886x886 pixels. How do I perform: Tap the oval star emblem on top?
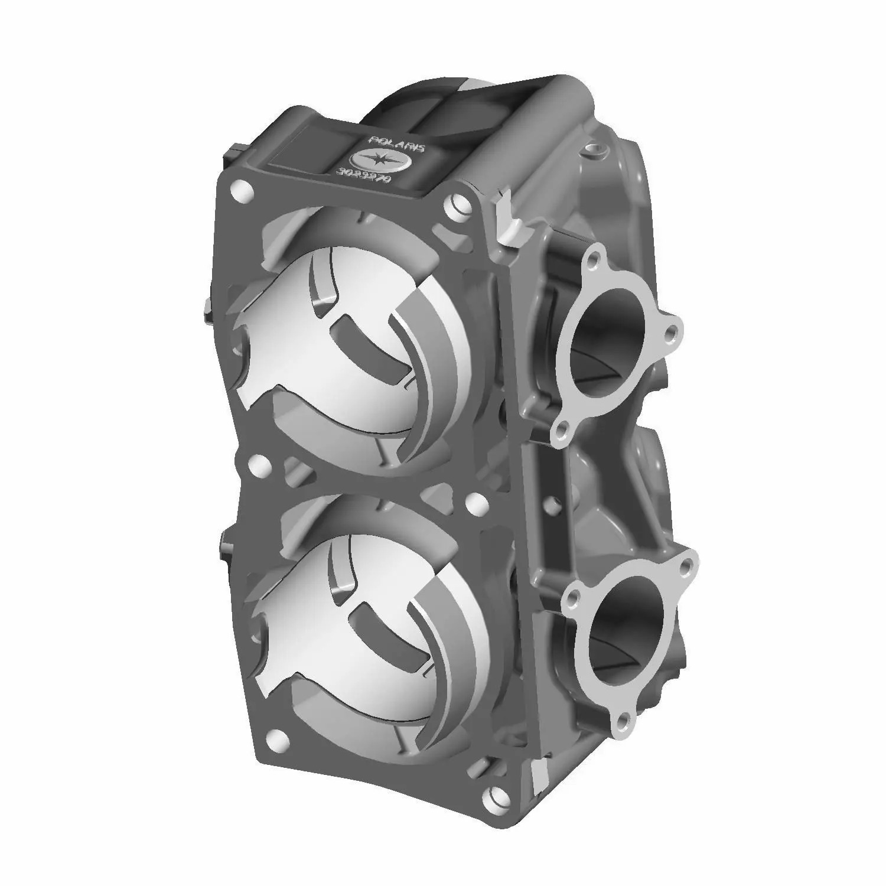point(378,162)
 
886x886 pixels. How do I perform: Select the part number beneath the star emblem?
point(363,181)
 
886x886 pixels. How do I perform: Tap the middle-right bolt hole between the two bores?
point(473,502)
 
